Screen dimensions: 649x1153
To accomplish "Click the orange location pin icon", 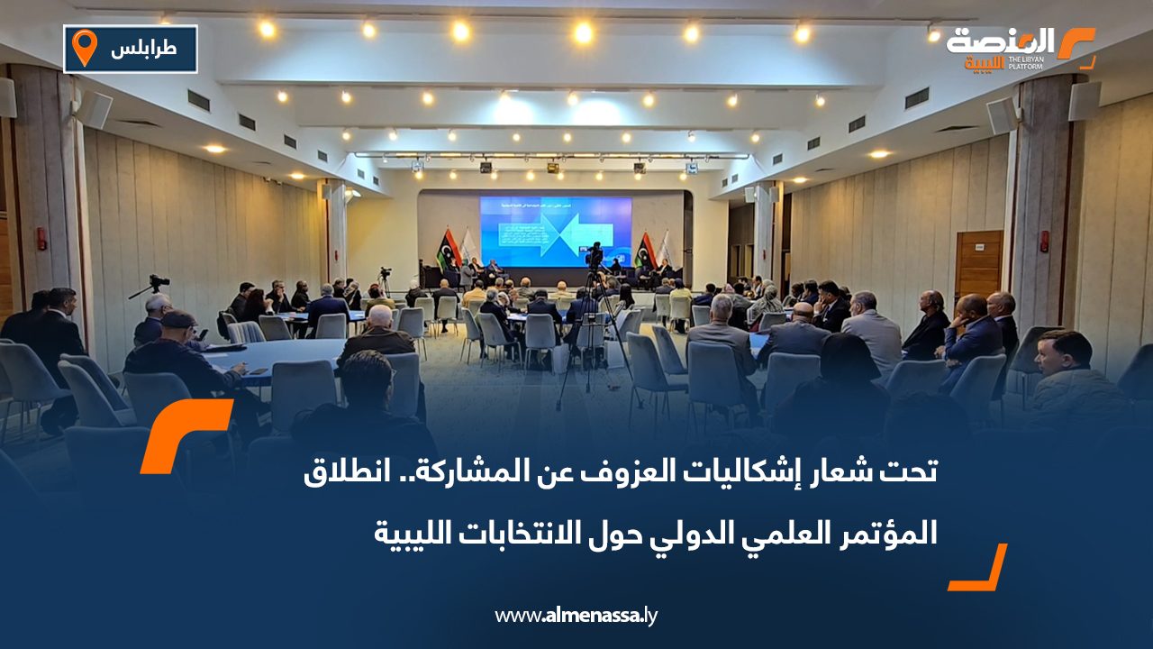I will click(x=84, y=47).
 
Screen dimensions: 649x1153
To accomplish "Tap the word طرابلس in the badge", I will click(x=144, y=50).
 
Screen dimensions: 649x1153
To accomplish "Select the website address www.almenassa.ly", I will click(x=576, y=616).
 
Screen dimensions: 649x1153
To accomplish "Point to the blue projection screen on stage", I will click(x=555, y=231).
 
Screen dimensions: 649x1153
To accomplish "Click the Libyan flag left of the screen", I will click(x=448, y=249).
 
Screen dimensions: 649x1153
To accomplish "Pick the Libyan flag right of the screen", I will click(x=645, y=250).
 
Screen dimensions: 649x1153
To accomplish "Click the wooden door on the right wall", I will click(x=977, y=265).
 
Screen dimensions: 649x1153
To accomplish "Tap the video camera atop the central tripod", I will click(x=594, y=256).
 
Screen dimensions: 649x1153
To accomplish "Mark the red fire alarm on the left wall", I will click(x=41, y=238).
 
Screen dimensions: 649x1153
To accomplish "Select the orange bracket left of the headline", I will click(x=185, y=435).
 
